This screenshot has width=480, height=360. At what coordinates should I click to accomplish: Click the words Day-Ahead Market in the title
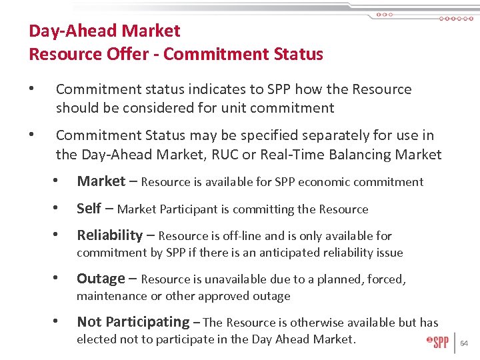point(104,31)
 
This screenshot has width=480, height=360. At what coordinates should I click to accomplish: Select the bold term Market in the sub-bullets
point(101,181)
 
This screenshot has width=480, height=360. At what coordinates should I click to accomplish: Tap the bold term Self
point(89,208)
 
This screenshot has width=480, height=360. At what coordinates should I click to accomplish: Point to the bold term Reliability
point(109,235)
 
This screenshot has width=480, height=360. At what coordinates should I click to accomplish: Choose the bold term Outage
point(101,278)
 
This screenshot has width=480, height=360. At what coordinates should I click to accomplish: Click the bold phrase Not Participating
point(133,321)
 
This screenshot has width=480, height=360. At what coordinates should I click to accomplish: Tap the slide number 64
point(465,344)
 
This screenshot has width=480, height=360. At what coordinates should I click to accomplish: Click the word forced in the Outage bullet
point(385,279)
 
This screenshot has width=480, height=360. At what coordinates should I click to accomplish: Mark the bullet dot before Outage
point(60,279)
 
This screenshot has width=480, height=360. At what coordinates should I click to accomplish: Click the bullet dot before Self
point(60,209)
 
